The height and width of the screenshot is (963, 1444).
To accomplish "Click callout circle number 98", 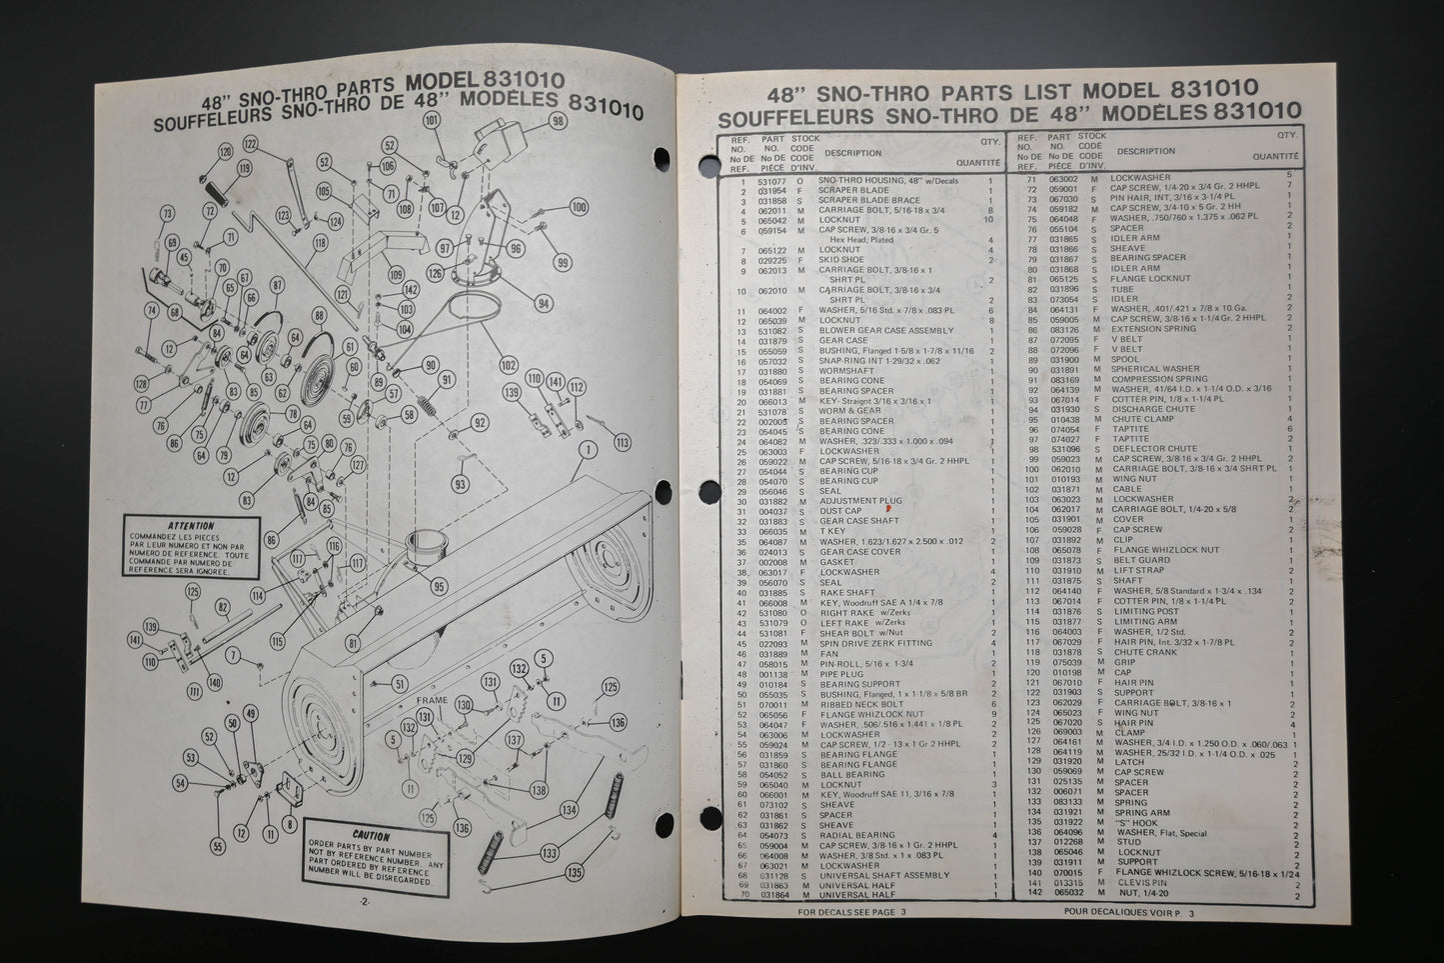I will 558,121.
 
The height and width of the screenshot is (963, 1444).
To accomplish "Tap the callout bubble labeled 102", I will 509,365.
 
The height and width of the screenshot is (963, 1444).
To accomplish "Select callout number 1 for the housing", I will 587,450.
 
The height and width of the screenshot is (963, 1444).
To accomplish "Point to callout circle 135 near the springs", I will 574,873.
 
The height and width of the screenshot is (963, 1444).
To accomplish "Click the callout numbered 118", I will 320,242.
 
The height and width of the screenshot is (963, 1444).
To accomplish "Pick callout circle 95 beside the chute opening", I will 440,586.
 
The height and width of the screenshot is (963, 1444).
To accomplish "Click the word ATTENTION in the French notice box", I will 191,525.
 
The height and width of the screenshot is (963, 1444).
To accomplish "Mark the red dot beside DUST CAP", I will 874,509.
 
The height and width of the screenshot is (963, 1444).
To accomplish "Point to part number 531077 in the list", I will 771,180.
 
